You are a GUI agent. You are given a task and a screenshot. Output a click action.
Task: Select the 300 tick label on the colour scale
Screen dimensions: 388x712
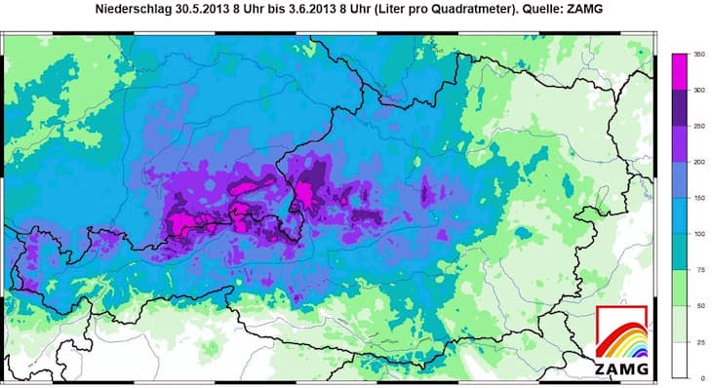point(698,90)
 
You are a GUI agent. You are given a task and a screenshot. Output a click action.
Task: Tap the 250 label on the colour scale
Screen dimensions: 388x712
point(698,126)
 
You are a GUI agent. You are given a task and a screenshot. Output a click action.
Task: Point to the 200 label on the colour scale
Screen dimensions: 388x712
point(698,162)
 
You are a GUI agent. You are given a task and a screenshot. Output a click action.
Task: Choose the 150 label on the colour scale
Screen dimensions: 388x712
point(698,198)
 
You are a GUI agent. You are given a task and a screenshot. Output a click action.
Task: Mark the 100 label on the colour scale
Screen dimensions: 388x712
point(698,234)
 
